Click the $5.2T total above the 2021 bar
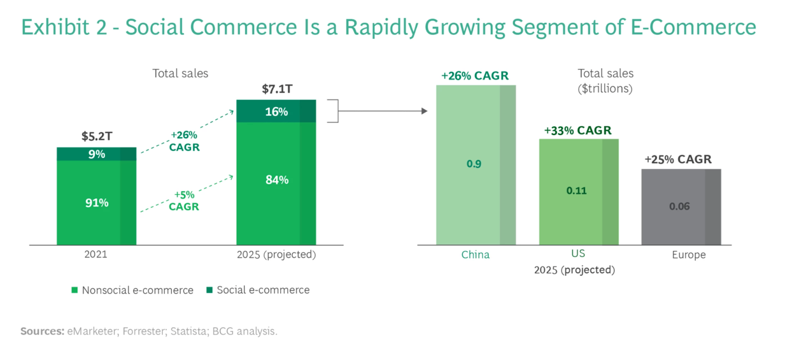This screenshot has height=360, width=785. (97, 136)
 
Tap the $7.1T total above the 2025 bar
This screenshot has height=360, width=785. (277, 89)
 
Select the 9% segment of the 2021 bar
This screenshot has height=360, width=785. (97, 154)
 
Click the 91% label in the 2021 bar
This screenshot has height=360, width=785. (97, 203)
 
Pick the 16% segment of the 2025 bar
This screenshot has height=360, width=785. (276, 111)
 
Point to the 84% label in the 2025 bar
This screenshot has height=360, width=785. (277, 180)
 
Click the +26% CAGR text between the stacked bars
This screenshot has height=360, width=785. (184, 141)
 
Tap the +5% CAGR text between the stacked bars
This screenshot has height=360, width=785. (184, 201)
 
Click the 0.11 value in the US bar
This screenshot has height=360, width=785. (576, 191)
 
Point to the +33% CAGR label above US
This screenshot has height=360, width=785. (577, 130)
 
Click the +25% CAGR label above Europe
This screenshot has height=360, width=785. (678, 159)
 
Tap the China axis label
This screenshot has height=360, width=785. (475, 255)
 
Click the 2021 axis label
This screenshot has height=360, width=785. (96, 254)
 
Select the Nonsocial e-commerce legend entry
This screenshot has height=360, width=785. (132, 290)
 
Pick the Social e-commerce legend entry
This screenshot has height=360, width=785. (258, 290)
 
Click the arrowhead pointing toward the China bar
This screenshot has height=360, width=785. (424, 111)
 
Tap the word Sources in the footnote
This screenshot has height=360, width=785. (42, 331)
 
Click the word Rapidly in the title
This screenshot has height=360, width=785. (381, 27)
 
